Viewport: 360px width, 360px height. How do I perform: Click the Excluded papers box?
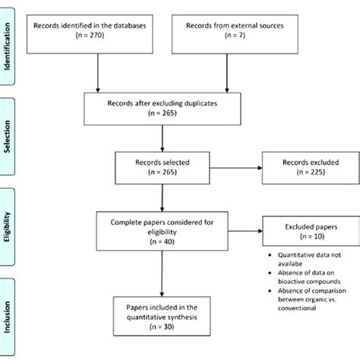coord(303,231)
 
